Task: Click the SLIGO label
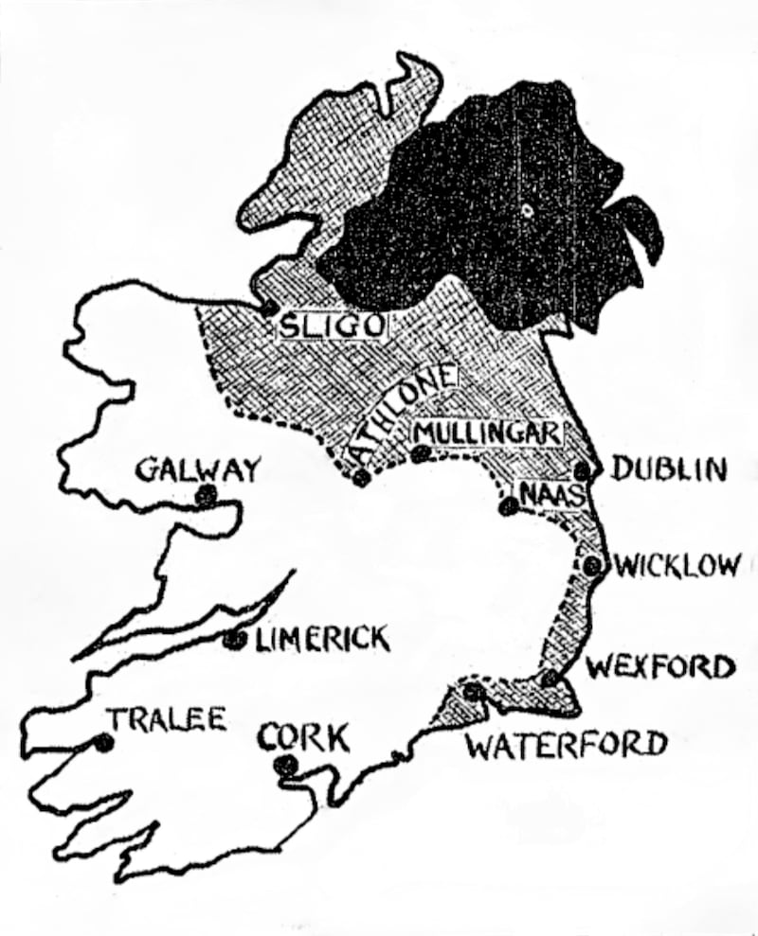click(x=331, y=327)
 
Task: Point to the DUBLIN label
click(x=668, y=468)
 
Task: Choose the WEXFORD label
click(x=660, y=667)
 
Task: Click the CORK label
click(x=303, y=736)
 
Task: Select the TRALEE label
click(x=167, y=719)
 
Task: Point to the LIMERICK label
click(x=322, y=640)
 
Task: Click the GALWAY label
click(x=197, y=468)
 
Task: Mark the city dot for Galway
click(x=203, y=494)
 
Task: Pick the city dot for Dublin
click(x=584, y=469)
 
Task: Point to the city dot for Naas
click(x=508, y=507)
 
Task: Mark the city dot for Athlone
click(x=361, y=478)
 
